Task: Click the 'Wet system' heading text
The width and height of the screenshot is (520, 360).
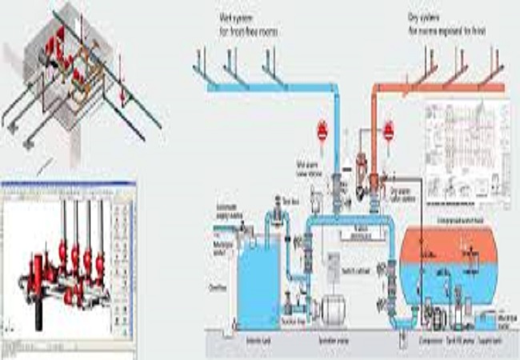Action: click(245, 18)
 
